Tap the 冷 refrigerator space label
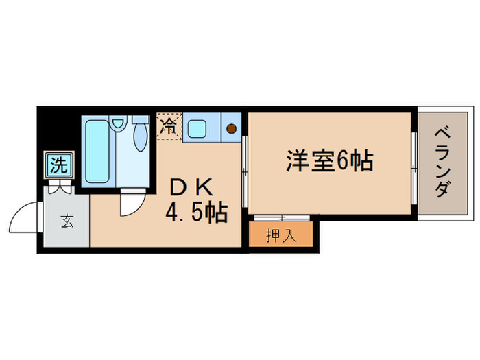[x=168, y=126]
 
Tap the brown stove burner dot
[x=231, y=128]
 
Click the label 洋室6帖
[x=330, y=161]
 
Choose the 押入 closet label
[x=281, y=236]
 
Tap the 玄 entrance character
[x=67, y=221]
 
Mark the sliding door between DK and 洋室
[x=245, y=163]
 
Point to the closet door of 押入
[x=281, y=218]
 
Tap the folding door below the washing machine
[x=59, y=184]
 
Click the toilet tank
[x=141, y=119]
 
